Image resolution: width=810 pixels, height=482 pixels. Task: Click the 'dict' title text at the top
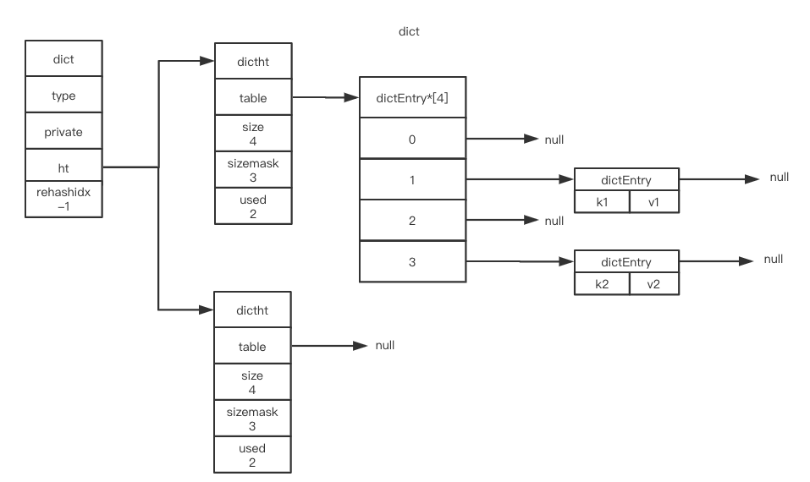pos(409,31)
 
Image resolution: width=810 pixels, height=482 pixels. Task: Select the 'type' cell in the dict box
pos(63,96)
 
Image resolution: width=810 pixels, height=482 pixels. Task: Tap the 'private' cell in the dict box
pos(63,133)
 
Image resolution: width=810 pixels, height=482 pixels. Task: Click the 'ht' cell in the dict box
pos(63,168)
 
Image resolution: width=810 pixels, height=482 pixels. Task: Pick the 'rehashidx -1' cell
pos(63,200)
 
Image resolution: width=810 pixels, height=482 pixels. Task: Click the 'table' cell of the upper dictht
pos(253,98)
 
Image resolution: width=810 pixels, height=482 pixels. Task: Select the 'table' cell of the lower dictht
pos(253,347)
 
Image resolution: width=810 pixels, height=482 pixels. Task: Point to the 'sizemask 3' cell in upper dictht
pos(253,170)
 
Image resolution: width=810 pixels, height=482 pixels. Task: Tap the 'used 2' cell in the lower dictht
pos(253,455)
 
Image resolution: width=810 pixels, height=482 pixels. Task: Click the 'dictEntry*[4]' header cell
pos(412,98)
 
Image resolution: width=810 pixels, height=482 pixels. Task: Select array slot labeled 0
pos(412,140)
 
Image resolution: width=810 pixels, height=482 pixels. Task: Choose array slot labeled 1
pos(412,179)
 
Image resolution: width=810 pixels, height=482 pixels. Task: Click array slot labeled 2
pos(412,220)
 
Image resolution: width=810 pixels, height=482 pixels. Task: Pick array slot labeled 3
pos(412,261)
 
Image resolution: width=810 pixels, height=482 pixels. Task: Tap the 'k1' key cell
pos(602,203)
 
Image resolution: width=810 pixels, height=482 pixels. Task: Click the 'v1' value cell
pos(653,203)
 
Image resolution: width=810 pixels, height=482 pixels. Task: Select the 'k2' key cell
pos(602,284)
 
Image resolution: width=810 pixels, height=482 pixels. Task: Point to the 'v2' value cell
pos(653,284)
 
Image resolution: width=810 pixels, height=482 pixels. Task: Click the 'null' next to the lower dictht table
pos(384,346)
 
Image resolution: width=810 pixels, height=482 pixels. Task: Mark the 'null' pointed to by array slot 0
pos(554,140)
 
